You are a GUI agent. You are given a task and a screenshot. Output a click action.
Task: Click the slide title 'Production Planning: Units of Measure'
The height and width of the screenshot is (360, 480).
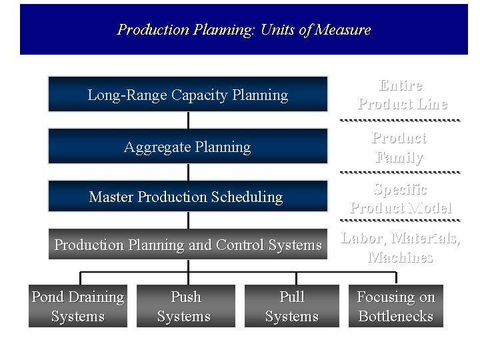point(244,30)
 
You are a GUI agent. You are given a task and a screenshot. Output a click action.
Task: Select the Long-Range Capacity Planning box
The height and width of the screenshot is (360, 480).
point(187,95)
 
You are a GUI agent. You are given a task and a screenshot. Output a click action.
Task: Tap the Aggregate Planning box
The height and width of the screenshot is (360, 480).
point(187,147)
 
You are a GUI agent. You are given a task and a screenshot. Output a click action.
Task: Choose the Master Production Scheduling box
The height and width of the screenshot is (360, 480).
point(187,197)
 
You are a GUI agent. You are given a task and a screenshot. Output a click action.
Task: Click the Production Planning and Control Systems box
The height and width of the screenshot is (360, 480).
point(187,245)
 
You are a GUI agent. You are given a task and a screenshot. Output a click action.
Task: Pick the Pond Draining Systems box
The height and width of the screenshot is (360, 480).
point(78,306)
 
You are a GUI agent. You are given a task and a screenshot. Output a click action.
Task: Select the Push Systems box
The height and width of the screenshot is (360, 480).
point(186,306)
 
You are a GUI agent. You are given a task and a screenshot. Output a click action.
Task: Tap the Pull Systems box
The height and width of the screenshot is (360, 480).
point(292,306)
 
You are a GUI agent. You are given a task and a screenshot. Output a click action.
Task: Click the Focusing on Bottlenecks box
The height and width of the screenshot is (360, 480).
point(396,306)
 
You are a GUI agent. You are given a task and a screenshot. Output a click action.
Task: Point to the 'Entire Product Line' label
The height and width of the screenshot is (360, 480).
point(401,95)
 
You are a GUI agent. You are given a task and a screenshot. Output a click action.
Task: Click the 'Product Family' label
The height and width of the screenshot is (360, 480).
point(399,147)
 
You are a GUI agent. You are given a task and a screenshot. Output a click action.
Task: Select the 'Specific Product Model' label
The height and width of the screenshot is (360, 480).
point(401,198)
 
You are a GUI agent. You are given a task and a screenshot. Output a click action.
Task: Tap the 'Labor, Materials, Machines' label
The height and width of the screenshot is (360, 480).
point(401,247)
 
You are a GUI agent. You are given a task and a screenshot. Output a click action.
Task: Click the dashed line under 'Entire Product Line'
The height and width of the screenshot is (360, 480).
point(400,120)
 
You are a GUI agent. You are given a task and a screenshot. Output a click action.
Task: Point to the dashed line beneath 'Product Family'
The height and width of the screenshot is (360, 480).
point(400,172)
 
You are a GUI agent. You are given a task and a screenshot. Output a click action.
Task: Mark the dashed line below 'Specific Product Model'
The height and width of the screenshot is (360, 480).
point(400,220)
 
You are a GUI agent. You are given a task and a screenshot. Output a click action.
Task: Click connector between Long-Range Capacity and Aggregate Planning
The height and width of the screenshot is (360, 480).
point(188,120)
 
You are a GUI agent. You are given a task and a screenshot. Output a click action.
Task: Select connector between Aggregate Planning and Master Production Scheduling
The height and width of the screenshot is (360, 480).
point(188,172)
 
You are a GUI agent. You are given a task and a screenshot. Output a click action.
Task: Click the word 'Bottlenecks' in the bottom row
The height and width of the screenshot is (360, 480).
point(396,316)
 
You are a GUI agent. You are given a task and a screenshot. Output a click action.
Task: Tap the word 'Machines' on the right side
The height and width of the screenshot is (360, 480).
point(401,257)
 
